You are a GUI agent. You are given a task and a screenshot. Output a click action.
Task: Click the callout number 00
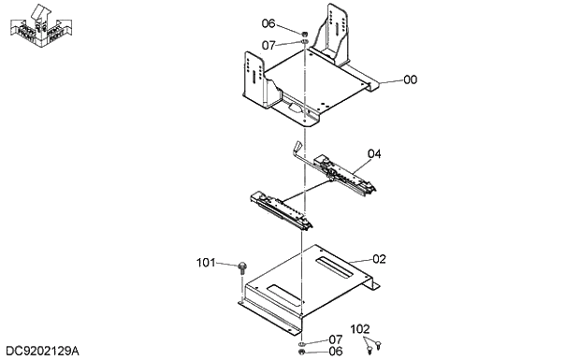[410, 80]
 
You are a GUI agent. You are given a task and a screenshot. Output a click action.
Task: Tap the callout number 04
[374, 153]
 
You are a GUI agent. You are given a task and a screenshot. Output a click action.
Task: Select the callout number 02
[379, 259]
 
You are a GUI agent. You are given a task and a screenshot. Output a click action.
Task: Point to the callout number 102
[360, 329]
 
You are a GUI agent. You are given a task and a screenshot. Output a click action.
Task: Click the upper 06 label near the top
[268, 24]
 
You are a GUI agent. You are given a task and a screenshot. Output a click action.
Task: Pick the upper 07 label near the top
[268, 44]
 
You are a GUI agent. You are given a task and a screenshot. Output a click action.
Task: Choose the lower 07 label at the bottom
[335, 339]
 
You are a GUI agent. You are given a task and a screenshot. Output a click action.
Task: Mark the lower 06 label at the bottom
[335, 352]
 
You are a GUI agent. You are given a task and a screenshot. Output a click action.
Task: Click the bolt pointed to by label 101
[242, 267]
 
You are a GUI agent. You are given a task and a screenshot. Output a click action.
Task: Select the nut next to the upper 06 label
[305, 36]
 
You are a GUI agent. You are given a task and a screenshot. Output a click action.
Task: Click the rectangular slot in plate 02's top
[332, 266]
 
